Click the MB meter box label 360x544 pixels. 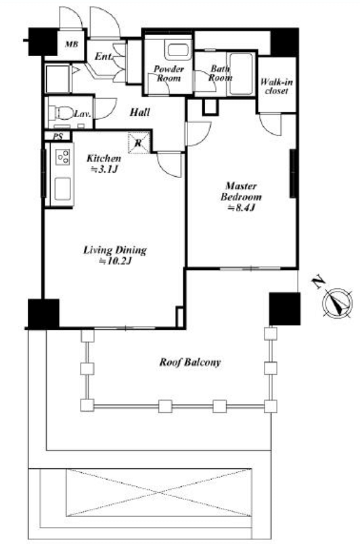click(x=72, y=45)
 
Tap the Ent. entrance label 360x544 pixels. click(x=104, y=56)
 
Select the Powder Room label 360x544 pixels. click(x=169, y=73)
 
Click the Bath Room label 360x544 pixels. click(x=220, y=73)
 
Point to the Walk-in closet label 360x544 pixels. click(x=276, y=87)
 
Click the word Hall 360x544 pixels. click(x=140, y=112)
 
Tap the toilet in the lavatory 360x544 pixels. click(x=61, y=113)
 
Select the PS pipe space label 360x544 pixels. click(x=58, y=137)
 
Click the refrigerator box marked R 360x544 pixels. click(x=139, y=143)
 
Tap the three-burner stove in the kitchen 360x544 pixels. click(x=63, y=157)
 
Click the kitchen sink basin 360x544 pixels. click(x=62, y=188)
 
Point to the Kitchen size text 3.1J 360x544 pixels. click(x=104, y=169)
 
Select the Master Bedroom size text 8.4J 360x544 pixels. click(x=241, y=208)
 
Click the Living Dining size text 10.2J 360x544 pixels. click(x=114, y=260)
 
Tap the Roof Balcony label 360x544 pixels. click(x=189, y=363)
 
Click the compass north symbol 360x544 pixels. click(x=337, y=303)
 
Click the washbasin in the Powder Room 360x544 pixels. click(x=177, y=50)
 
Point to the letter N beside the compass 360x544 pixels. click(x=317, y=283)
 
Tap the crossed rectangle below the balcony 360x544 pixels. click(x=158, y=493)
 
